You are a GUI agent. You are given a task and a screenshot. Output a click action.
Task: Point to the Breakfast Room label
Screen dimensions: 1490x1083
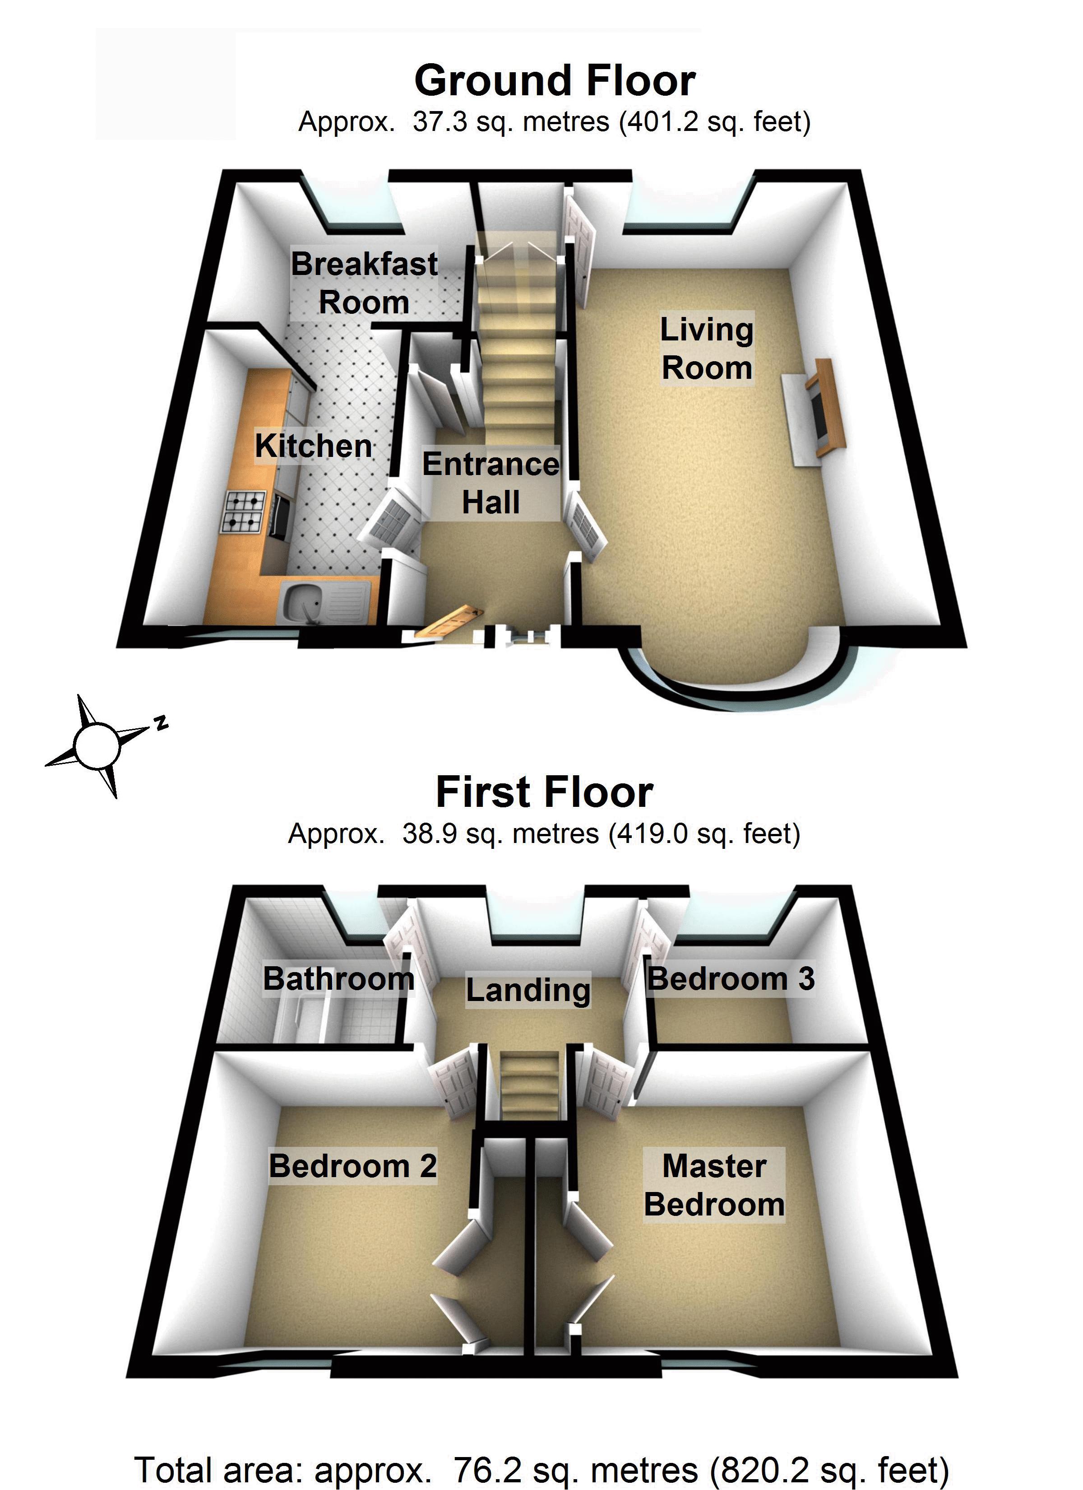click(365, 283)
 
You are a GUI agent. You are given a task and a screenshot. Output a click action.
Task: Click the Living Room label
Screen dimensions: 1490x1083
click(707, 349)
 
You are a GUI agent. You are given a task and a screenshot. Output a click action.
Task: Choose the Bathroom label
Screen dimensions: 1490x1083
click(339, 978)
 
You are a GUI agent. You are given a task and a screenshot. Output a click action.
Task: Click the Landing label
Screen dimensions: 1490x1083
click(528, 989)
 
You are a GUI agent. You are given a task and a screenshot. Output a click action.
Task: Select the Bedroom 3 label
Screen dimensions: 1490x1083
click(731, 978)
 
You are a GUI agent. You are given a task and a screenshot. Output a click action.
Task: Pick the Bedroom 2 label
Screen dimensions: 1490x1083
click(353, 1166)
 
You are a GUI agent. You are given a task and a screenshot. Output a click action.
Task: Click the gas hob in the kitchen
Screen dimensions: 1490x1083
click(245, 512)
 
